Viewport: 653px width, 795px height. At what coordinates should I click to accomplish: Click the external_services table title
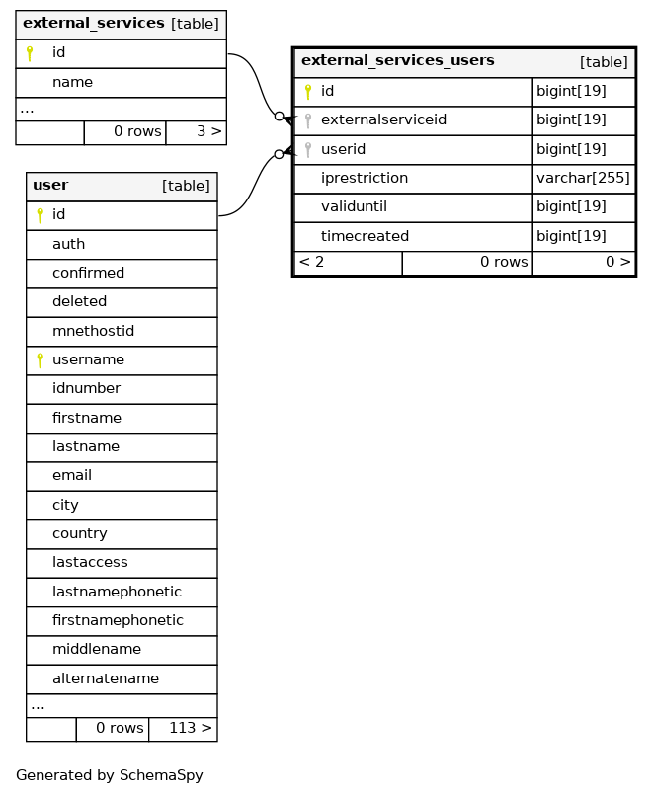(x=94, y=24)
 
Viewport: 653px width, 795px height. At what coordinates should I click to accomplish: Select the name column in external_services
(x=72, y=82)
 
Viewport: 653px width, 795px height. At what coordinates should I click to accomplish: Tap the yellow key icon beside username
(x=41, y=360)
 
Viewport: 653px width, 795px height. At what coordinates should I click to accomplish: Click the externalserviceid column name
(x=383, y=119)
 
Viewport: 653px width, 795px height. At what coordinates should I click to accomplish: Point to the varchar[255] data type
(x=583, y=178)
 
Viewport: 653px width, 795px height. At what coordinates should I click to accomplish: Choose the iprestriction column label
(x=365, y=178)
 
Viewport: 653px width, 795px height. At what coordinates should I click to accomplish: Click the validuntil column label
(x=354, y=206)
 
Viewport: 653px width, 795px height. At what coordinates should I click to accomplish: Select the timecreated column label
(x=366, y=236)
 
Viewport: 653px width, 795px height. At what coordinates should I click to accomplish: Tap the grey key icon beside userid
(x=308, y=149)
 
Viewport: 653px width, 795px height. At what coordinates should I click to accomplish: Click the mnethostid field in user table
(x=93, y=331)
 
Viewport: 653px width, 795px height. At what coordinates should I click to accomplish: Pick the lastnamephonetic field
(x=118, y=592)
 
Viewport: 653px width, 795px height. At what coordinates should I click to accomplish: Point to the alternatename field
(x=106, y=678)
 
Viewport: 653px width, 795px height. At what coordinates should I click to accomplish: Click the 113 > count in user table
(x=191, y=728)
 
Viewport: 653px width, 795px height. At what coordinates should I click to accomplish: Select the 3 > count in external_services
(x=209, y=131)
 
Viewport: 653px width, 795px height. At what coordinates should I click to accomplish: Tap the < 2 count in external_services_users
(x=312, y=262)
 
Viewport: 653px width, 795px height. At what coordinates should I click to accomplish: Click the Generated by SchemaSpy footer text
(x=110, y=775)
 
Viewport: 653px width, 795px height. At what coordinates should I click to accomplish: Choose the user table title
(x=50, y=185)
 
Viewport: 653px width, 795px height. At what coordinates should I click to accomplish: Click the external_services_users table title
(x=398, y=61)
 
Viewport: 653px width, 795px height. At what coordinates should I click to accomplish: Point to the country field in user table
(x=80, y=534)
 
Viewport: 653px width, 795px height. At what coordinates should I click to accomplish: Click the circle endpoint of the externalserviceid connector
(x=279, y=117)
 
